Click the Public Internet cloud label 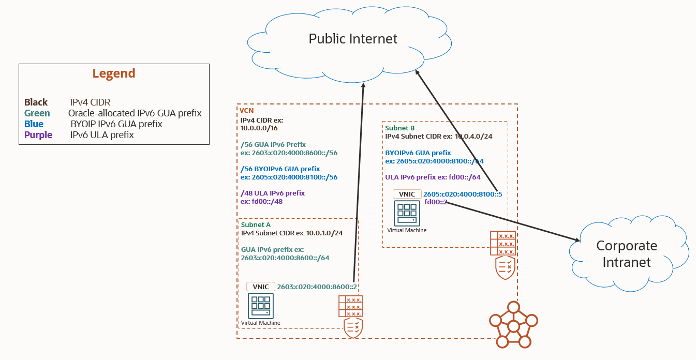353,39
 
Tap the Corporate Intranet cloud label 626,253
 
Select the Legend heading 114,73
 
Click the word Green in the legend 37,113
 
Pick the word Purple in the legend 38,135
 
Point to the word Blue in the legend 34,124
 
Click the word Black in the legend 36,102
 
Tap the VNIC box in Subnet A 260,287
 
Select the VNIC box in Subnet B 407,194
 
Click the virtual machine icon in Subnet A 261,306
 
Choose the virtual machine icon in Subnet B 407,213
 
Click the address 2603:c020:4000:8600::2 318,287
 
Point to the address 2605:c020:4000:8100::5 463,194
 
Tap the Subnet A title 256,224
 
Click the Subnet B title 400,128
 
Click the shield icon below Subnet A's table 353,328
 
